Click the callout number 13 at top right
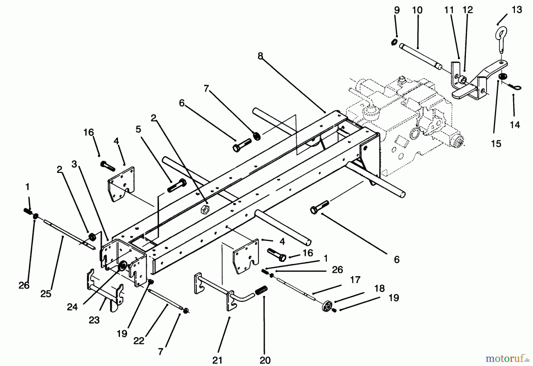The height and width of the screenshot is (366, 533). pyautogui.click(x=517, y=10)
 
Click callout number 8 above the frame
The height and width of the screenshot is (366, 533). pyautogui.click(x=260, y=56)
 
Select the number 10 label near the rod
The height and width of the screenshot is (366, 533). pyautogui.click(x=417, y=10)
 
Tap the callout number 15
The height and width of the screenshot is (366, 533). pyautogui.click(x=496, y=144)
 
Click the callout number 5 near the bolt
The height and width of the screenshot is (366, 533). pyautogui.click(x=138, y=129)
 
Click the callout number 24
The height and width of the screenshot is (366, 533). pyautogui.click(x=72, y=307)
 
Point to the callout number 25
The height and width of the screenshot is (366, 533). pyautogui.click(x=46, y=294)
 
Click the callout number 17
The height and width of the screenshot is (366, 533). pyautogui.click(x=355, y=279)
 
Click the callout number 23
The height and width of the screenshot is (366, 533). pyautogui.click(x=94, y=320)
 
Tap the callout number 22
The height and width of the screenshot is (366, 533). pyautogui.click(x=139, y=341)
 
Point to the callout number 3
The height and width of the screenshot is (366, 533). pyautogui.click(x=74, y=164)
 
